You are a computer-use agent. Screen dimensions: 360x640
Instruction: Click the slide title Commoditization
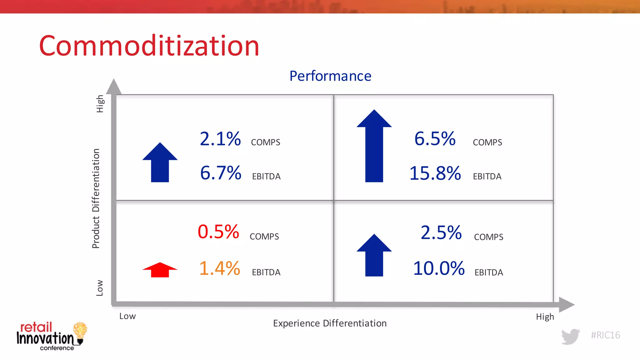(x=149, y=46)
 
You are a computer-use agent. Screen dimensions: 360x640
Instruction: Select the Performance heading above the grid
(x=330, y=76)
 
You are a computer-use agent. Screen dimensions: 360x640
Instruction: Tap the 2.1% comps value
(x=220, y=139)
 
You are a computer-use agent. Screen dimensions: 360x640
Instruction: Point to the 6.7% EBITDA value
(x=221, y=173)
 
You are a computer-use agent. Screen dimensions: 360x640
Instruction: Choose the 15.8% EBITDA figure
(x=435, y=173)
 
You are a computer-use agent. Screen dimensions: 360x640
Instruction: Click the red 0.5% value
(x=218, y=232)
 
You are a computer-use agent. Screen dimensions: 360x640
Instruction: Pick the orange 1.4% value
(x=220, y=268)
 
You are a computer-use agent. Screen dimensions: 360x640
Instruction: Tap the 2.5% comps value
(x=441, y=233)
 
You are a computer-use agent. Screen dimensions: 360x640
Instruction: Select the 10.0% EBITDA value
(x=439, y=268)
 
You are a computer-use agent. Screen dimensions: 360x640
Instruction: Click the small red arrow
(x=160, y=270)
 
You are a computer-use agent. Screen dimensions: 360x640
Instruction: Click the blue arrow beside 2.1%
(x=160, y=163)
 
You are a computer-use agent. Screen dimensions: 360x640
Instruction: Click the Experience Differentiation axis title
(x=330, y=323)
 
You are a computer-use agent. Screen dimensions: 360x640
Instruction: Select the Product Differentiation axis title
(x=96, y=198)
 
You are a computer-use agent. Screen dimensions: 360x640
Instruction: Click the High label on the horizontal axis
(x=545, y=317)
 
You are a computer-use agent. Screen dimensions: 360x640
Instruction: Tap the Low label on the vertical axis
(x=99, y=288)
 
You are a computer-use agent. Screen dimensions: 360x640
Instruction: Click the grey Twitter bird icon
(x=570, y=336)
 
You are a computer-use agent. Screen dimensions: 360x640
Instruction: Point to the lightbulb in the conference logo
(x=80, y=331)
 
